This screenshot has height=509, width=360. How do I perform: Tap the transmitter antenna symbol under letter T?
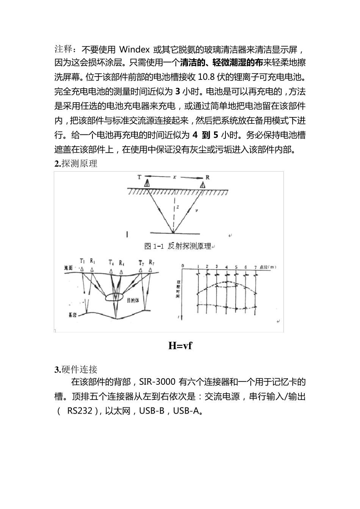[147, 184]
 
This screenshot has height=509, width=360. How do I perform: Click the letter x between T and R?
[174, 177]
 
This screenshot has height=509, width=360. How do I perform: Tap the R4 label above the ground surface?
[121, 262]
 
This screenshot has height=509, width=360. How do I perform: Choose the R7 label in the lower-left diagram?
[151, 262]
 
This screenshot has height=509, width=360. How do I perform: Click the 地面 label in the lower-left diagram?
[68, 268]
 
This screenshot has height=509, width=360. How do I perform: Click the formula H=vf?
[180, 345]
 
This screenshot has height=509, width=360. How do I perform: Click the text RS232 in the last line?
[80, 411]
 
